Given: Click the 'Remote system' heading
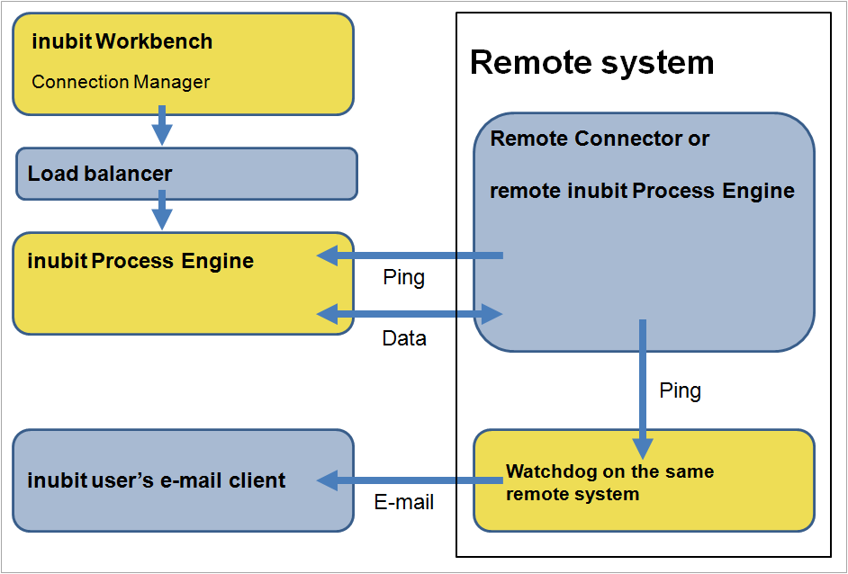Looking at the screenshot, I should pos(591,63).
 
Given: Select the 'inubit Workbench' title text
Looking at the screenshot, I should pos(122,41).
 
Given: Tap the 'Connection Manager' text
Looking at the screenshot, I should pos(121,82).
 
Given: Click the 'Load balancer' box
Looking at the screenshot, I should pos(186,174).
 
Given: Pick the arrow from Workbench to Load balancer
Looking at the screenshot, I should pos(162,126).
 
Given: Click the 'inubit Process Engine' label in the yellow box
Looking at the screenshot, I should pos(140,261).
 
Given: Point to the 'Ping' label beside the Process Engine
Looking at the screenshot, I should pos(403,277).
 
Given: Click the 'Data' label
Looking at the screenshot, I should pos(404,338).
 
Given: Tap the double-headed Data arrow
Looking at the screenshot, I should pos(410,314).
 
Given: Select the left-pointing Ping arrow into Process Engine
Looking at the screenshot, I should pos(410,256).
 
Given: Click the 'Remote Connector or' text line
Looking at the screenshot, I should pos(599,139).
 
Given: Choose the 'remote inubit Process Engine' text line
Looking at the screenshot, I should pos(642,191).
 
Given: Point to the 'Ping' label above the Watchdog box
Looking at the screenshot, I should pos(680,390).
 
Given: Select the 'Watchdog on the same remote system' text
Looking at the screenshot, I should pos(609,482).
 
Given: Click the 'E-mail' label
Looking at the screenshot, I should pos(403,502).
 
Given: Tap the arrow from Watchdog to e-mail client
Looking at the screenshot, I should pos(410,480).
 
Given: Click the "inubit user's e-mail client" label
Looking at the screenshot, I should pos(157,480).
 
